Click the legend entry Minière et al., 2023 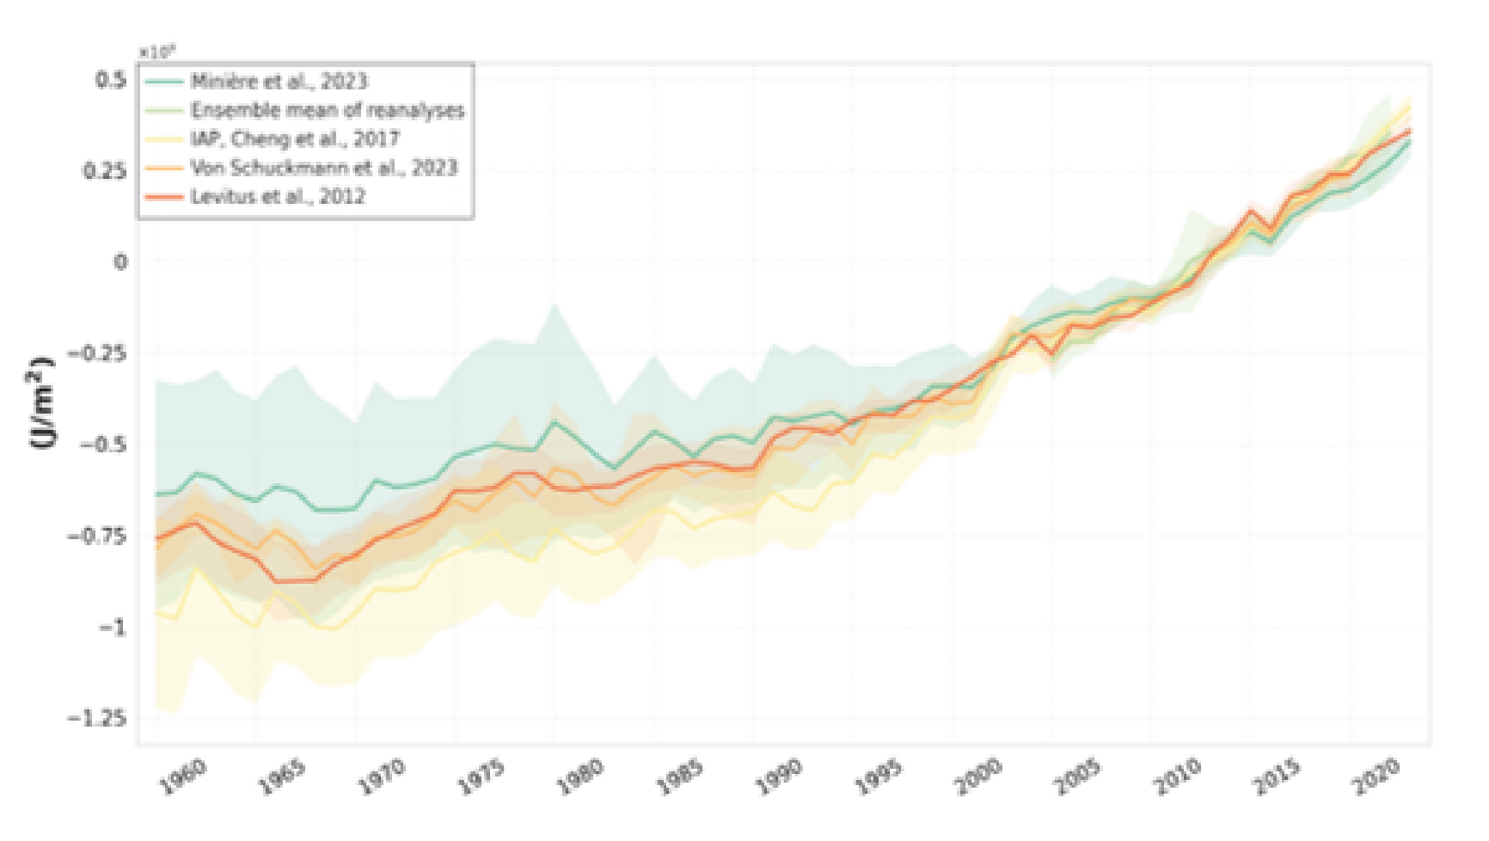[279, 82]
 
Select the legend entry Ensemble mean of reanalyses [327, 110]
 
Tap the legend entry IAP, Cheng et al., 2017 [295, 138]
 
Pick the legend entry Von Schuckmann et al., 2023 [323, 168]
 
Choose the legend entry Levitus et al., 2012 [278, 196]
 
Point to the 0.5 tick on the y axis [110, 80]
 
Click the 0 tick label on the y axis [119, 261]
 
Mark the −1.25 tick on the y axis [96, 717]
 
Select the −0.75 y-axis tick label [96, 536]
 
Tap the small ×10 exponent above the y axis [157, 52]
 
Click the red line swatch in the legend [164, 196]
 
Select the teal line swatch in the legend [164, 82]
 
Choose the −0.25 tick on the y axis [96, 353]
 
